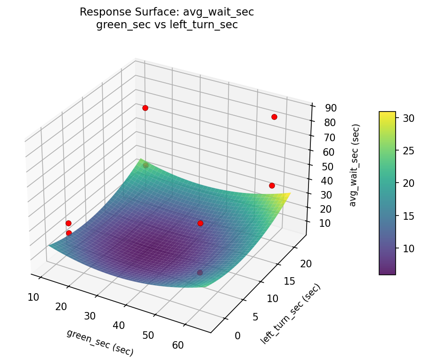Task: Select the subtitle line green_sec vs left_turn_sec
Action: (x=167, y=25)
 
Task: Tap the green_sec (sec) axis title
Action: (x=100, y=342)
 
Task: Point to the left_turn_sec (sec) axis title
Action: (x=290, y=313)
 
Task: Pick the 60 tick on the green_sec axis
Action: (x=178, y=345)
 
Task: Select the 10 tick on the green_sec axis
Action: (x=33, y=297)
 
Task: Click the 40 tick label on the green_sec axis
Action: (x=119, y=326)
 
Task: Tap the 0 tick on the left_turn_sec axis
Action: (x=237, y=336)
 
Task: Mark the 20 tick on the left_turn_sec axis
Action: (x=306, y=264)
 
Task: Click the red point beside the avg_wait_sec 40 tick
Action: (x=272, y=186)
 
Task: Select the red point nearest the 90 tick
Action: (x=274, y=117)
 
